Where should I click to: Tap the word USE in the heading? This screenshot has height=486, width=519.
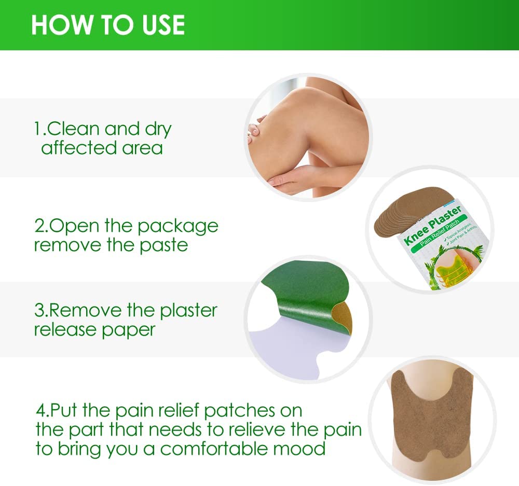(159, 25)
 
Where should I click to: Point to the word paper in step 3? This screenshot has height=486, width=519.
(129, 330)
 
